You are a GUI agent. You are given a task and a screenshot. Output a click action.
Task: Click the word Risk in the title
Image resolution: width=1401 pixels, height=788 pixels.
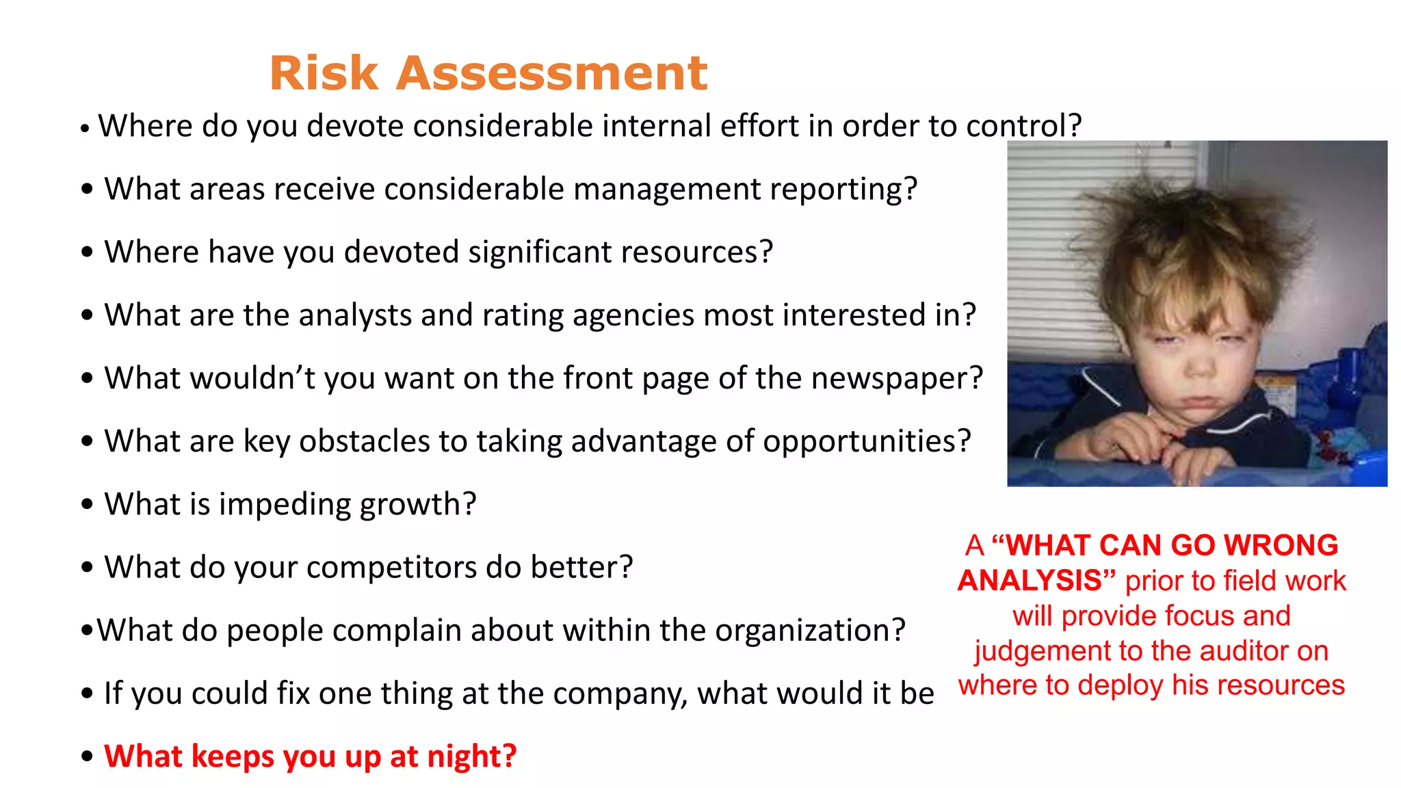click(324, 73)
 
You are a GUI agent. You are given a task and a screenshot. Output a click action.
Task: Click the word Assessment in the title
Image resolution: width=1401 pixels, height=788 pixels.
click(551, 73)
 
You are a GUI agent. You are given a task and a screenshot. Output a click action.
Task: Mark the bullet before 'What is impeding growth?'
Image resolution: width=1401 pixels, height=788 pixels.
click(87, 505)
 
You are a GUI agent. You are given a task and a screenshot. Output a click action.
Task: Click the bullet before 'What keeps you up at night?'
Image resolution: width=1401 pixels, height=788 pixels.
click(87, 757)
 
